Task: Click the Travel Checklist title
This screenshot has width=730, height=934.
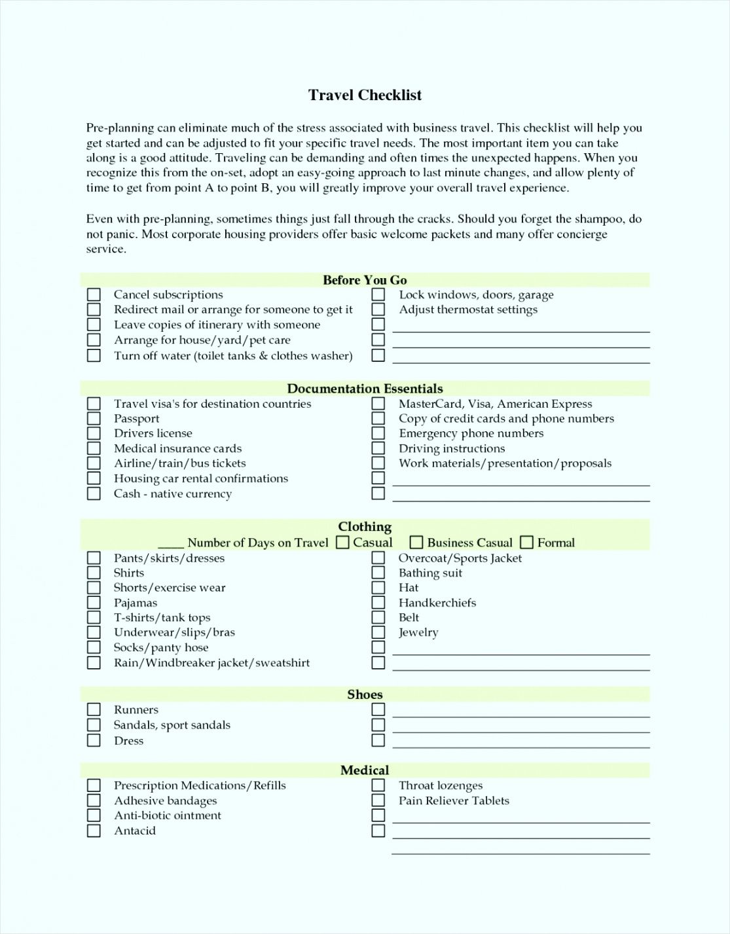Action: click(365, 96)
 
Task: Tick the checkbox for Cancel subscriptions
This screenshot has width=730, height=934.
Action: click(94, 295)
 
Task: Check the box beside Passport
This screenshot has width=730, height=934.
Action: click(94, 419)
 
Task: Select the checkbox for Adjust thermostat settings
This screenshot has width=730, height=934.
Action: click(378, 310)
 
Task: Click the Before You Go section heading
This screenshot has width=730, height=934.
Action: click(365, 280)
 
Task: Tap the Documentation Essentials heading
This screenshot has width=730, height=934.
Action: click(365, 389)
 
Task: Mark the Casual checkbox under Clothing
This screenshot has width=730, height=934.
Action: click(342, 542)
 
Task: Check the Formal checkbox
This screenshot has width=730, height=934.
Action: click(526, 542)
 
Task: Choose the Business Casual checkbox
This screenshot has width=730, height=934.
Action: click(416, 542)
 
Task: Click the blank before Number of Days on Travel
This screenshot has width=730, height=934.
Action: click(170, 543)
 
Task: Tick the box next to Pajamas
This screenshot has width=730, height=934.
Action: click(94, 603)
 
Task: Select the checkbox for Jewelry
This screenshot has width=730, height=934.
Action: click(378, 632)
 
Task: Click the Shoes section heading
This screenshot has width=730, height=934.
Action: click(365, 694)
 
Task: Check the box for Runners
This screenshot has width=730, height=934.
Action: click(94, 709)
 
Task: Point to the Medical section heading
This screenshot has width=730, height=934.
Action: click(365, 770)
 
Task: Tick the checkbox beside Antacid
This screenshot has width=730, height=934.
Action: click(94, 831)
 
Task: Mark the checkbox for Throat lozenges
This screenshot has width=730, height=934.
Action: click(378, 785)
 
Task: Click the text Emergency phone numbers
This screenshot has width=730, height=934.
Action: click(471, 433)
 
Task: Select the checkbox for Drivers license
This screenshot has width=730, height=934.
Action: click(94, 433)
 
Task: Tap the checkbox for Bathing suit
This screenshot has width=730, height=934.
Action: click(378, 573)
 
